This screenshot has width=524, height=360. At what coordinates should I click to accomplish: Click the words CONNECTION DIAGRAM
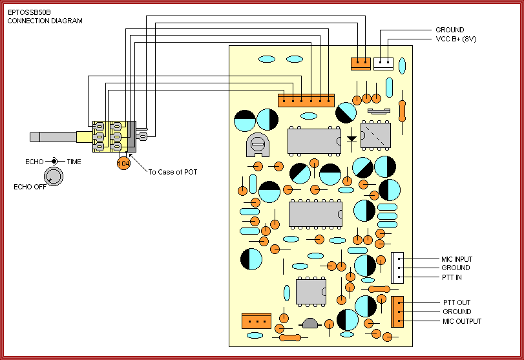tap(45, 21)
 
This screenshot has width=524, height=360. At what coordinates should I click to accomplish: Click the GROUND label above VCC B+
tap(449, 30)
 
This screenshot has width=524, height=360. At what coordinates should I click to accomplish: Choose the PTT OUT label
tap(456, 302)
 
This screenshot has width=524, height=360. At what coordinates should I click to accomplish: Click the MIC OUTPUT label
tap(461, 321)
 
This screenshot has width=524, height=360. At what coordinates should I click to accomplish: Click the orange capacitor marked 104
tap(123, 164)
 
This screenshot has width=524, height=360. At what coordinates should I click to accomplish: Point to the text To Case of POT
tap(173, 172)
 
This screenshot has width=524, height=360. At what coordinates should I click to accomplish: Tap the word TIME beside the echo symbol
tap(74, 162)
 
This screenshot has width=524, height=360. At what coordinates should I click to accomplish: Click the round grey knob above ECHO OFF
tap(54, 176)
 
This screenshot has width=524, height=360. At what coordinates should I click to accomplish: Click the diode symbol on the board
tap(351, 138)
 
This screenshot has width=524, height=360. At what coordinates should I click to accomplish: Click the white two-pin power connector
tap(383, 63)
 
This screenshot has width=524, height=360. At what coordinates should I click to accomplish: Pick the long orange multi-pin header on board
tap(306, 100)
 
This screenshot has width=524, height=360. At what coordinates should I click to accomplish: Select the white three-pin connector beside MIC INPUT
tap(397, 268)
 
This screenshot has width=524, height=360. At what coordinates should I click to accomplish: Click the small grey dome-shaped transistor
tap(310, 323)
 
